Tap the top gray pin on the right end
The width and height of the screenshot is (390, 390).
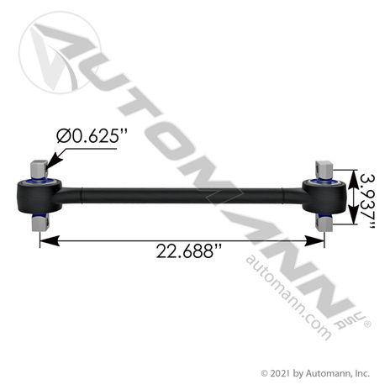[x=324, y=168]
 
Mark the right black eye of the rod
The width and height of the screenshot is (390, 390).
[x=324, y=195]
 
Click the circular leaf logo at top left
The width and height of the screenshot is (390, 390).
[x=58, y=53]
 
